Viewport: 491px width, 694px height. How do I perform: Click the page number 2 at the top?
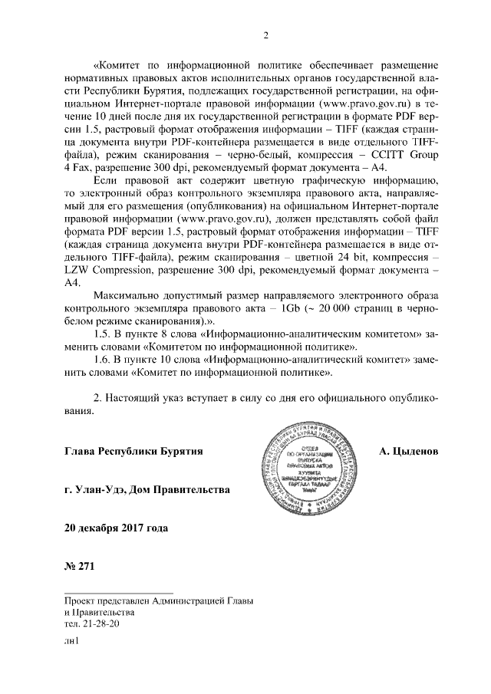[x=265, y=34]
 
